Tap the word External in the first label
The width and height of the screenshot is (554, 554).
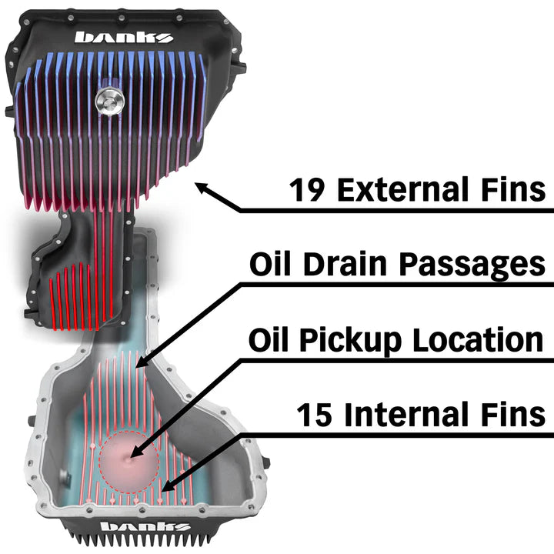click(412, 189)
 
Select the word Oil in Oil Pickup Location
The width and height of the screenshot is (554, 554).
click(271, 339)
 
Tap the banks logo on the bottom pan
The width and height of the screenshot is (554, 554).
click(146, 528)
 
